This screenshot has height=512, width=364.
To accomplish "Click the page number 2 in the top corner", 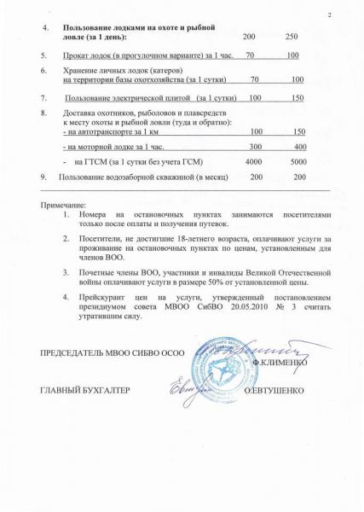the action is tap(329, 18).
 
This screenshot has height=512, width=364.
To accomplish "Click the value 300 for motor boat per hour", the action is tap(255, 147).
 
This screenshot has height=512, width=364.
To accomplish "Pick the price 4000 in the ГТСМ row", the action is tap(253, 160).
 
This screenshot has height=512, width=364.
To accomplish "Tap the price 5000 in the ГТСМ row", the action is tap(298, 160).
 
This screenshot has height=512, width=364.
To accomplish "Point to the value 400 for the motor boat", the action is tap(299, 147).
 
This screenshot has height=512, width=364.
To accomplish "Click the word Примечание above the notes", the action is tap(63, 206).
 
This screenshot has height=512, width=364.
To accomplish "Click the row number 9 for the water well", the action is tap(43, 176).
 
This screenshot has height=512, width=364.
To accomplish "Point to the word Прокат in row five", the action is tap(76, 55).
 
